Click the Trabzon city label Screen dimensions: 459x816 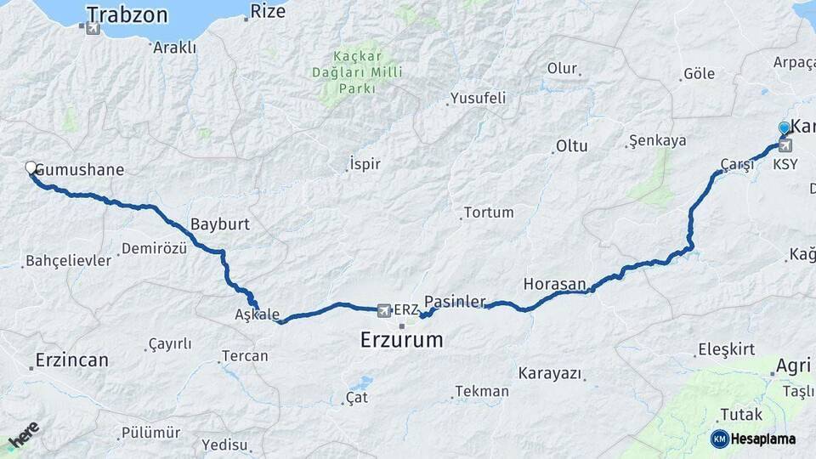coord(127,14)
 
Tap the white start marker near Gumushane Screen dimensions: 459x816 coord(31,168)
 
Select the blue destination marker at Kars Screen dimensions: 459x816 coord(784,128)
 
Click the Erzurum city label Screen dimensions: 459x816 coord(401,340)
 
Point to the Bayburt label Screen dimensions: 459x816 coord(220,224)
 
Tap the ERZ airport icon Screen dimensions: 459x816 coord(384,309)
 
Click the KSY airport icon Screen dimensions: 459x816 coord(785,145)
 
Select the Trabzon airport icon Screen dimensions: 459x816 coord(93,28)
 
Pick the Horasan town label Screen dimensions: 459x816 coord(555,283)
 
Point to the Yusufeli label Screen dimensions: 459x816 coord(478,98)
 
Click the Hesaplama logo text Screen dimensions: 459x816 coord(762,439)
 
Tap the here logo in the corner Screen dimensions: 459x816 coord(23,439)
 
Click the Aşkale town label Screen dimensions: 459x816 coord(257,314)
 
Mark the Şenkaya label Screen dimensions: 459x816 coord(657,140)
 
